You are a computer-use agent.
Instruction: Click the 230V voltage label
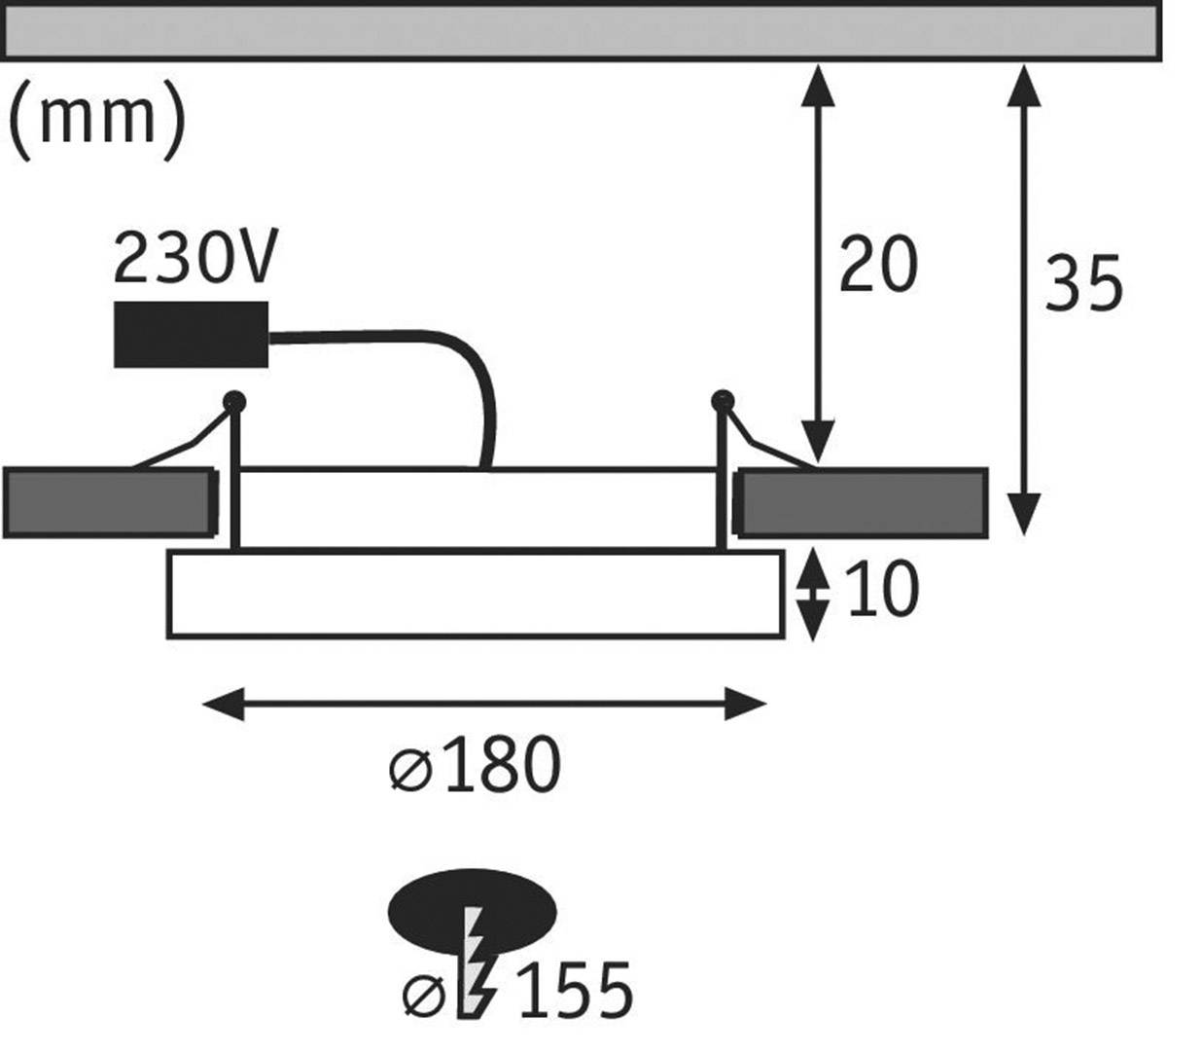pyautogui.click(x=195, y=258)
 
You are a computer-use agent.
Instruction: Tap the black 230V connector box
pyautogui.click(x=191, y=334)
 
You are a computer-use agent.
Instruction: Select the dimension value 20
pyautogui.click(x=877, y=265)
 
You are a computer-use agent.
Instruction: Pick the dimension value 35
pyautogui.click(x=1082, y=285)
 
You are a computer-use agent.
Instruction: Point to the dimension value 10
pyautogui.click(x=881, y=591)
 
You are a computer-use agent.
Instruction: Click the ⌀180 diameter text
pyautogui.click(x=476, y=765)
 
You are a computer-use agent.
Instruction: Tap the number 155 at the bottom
pyautogui.click(x=575, y=992)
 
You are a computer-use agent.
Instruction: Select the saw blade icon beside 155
pyautogui.click(x=476, y=963)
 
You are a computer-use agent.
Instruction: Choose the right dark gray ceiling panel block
pyautogui.click(x=862, y=503)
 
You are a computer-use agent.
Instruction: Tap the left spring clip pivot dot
pyautogui.click(x=233, y=400)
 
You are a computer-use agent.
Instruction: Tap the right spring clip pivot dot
pyautogui.click(x=721, y=399)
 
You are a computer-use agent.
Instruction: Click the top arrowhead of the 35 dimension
pyautogui.click(x=1021, y=86)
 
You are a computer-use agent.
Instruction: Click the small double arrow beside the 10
pyautogui.click(x=813, y=594)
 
